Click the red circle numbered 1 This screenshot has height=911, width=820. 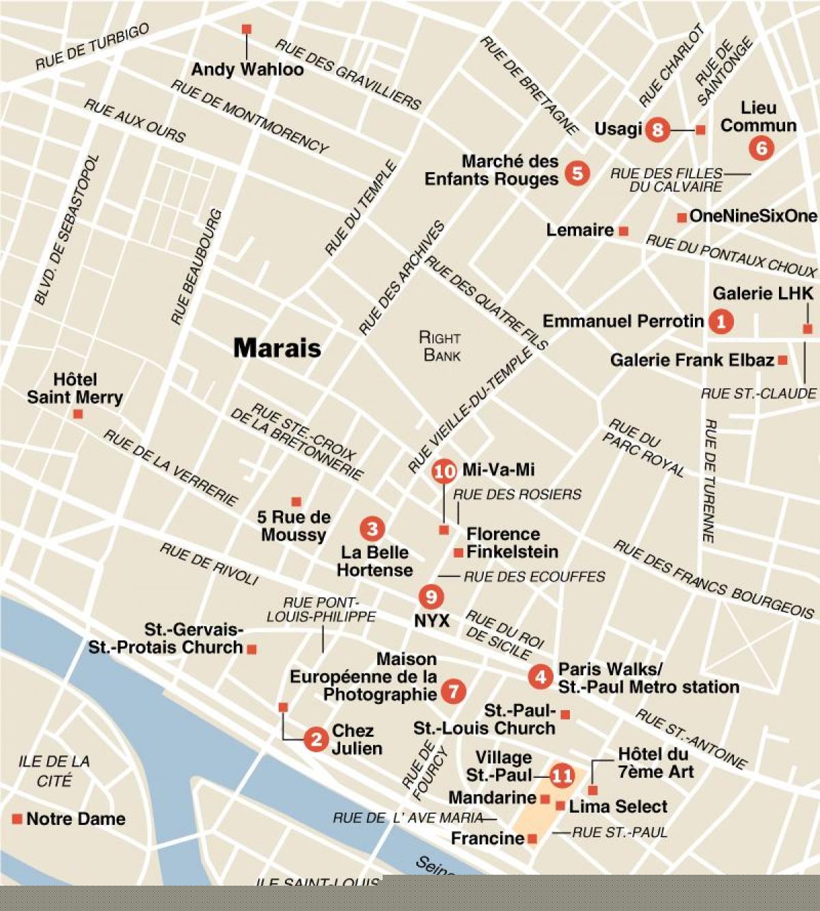pos(721,321)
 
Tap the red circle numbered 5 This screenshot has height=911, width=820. pos(577,173)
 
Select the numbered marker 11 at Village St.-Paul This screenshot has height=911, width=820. pos(562,776)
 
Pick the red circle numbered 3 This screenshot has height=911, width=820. pos(372,528)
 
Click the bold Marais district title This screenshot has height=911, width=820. pos(277,348)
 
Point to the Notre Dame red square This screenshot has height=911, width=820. pos(17,819)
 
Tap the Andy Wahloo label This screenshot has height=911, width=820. pos(247,69)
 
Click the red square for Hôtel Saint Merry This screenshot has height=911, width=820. pos(78,414)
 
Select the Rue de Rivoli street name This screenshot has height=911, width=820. pos(209,564)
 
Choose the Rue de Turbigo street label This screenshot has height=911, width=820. pos(92,46)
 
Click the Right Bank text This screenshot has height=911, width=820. pos(441,346)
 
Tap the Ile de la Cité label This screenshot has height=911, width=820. pos(54,770)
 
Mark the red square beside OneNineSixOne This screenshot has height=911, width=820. pos(681,217)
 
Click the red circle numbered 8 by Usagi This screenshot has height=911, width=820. pos(657,128)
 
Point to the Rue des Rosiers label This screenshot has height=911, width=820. pos(517,494)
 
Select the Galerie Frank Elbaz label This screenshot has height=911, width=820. pos(692,359)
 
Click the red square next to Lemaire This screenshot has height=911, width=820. pos(623,232)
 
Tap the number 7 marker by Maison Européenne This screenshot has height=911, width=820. pos(453,692)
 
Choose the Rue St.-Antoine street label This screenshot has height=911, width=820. pos(691,739)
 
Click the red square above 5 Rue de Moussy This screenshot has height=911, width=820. pos(296,502)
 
